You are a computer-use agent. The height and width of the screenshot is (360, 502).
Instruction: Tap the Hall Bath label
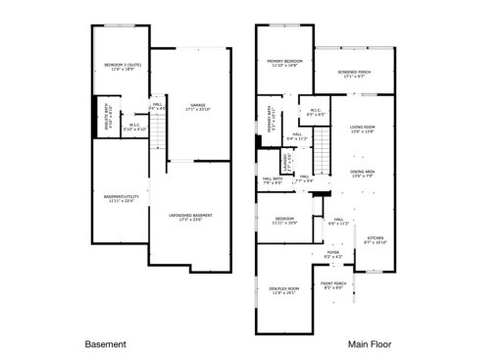[272, 180]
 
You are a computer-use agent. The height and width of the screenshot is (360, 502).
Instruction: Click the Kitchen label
[376, 238]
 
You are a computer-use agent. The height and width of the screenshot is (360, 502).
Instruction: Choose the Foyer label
[333, 255]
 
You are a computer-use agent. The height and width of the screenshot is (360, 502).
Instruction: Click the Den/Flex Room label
[281, 290]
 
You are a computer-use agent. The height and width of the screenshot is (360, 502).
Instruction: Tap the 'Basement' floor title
[106, 344]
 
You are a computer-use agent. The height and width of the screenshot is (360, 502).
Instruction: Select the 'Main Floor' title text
[367, 344]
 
